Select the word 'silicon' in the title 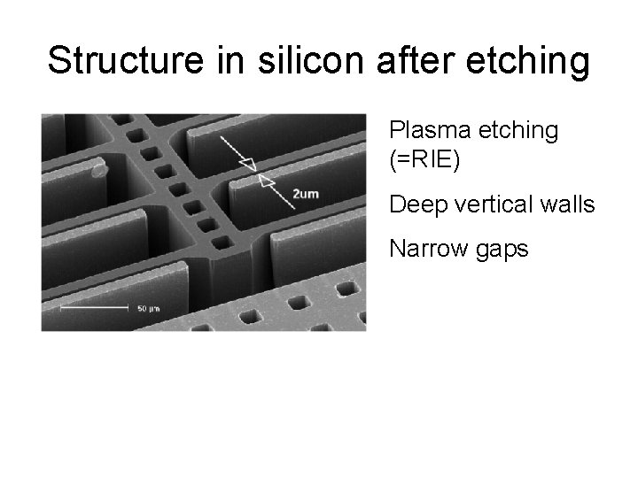pyautogui.click(x=292, y=61)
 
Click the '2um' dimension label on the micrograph pyautogui.click(x=306, y=194)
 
